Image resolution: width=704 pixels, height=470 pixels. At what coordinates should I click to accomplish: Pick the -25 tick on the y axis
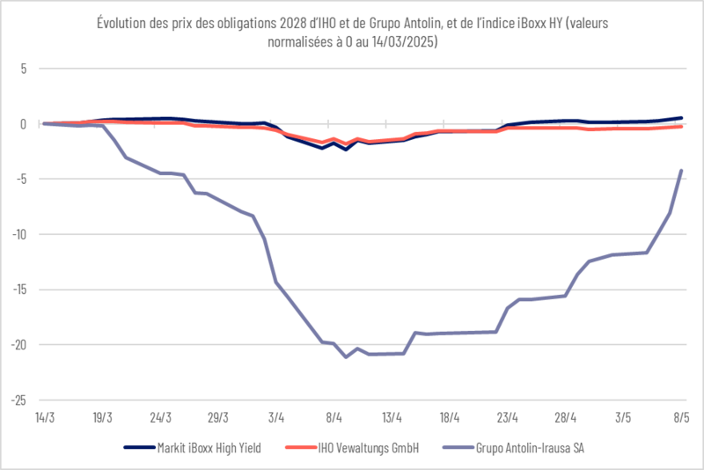coord(18,400)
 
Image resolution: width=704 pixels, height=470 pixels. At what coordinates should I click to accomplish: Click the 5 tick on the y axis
coord(24,68)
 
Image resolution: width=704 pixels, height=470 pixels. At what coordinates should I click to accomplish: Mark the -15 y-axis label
coord(18,290)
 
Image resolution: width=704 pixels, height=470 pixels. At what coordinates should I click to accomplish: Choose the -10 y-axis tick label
coord(18,234)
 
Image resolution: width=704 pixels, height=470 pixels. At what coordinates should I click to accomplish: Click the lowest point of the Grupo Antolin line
coord(346,356)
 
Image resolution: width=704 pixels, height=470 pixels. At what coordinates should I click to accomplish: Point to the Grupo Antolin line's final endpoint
coord(681,171)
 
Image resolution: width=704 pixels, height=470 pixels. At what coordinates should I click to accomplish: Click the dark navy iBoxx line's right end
coord(681,117)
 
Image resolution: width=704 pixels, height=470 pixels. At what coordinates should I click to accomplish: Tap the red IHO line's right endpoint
coord(681,126)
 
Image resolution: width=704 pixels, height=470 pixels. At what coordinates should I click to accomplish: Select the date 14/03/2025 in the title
coord(396,41)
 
